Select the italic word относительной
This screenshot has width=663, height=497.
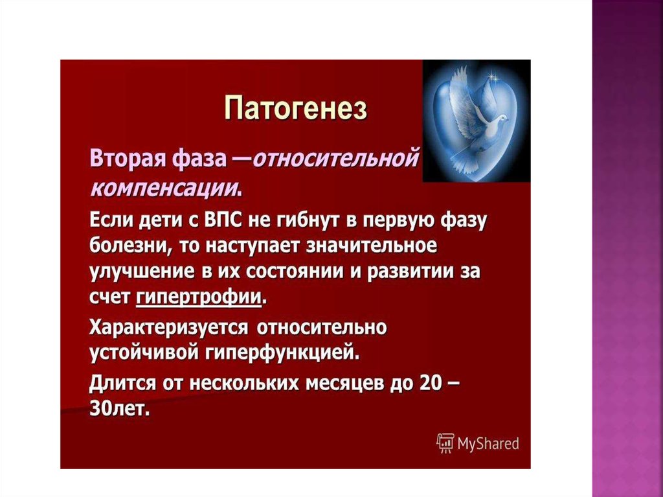tap(337, 161)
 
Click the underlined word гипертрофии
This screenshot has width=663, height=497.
tap(198, 297)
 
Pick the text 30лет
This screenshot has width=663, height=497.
tap(119, 408)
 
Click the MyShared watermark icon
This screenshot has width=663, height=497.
tap(445, 443)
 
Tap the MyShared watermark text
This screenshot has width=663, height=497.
tap(488, 444)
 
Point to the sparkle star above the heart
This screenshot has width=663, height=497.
tap(492, 77)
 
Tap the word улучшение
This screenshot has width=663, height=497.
tap(142, 272)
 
